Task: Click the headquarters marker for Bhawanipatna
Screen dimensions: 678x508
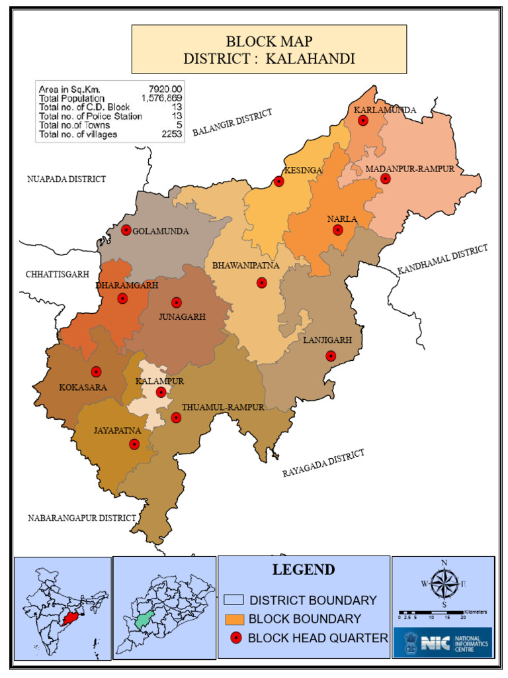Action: (262, 283)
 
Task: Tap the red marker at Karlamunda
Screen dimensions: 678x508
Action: (362, 121)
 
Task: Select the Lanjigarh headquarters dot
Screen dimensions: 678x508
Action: (331, 356)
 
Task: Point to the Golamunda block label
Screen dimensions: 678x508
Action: (161, 231)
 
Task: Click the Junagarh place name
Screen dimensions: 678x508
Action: (182, 316)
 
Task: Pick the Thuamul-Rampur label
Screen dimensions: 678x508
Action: (222, 407)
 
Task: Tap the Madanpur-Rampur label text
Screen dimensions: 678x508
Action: (410, 169)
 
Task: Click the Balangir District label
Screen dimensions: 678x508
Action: (232, 123)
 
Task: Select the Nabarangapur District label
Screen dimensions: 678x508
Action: (81, 518)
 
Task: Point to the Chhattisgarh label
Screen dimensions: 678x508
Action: (57, 274)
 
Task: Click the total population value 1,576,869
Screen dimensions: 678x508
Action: (161, 98)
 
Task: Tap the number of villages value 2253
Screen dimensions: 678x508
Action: (171, 134)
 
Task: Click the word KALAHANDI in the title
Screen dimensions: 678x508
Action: (310, 58)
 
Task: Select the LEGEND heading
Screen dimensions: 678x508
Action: (304, 569)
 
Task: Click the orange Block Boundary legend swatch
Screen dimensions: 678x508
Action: (234, 619)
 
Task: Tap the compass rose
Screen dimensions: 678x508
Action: (444, 583)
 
